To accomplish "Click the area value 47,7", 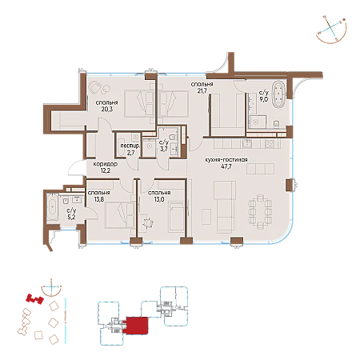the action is pyautogui.click(x=226, y=166).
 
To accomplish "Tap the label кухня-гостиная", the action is pyautogui.click(x=226, y=160).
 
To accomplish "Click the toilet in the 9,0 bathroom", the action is pyautogui.click(x=276, y=124).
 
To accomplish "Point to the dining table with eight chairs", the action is pyautogui.click(x=260, y=212).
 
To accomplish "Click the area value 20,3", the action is pyautogui.click(x=106, y=109).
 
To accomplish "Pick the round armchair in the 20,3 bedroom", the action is pyautogui.click(x=94, y=87).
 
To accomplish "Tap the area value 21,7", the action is pyautogui.click(x=202, y=90).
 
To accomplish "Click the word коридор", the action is pyautogui.click(x=106, y=164).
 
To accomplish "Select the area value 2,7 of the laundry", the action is pyautogui.click(x=130, y=153).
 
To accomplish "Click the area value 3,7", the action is pyautogui.click(x=164, y=149).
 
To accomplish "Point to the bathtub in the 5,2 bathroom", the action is pyautogui.click(x=53, y=207).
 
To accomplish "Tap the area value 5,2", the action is pyautogui.click(x=71, y=218).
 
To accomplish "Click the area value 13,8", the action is pyautogui.click(x=99, y=199).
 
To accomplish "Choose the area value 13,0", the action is pyautogui.click(x=159, y=199).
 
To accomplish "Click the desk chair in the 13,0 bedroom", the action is pyautogui.click(x=148, y=222).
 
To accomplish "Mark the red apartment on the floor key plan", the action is pyautogui.click(x=137, y=326).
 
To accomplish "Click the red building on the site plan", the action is pyautogui.click(x=34, y=298).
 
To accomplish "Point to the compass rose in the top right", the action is pyautogui.click(x=331, y=30).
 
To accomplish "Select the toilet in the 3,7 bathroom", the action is pyautogui.click(x=174, y=137).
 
